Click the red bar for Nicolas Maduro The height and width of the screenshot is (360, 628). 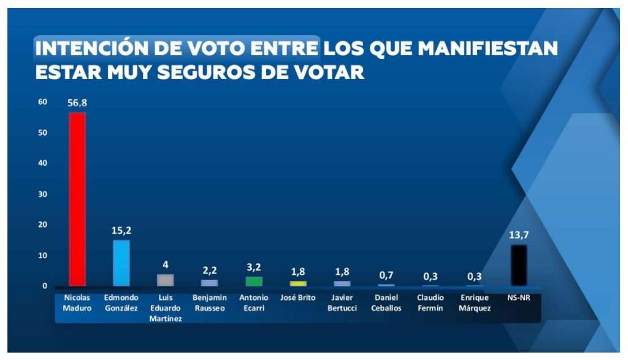(x=77, y=199)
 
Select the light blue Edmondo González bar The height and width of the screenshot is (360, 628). (x=121, y=262)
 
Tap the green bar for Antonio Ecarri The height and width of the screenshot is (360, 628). (x=254, y=281)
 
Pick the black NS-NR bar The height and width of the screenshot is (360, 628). (x=519, y=265)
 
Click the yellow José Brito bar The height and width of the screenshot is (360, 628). (x=298, y=283)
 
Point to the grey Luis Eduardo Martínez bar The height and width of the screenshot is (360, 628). (x=166, y=280)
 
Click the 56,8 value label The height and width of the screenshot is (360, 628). (x=77, y=103)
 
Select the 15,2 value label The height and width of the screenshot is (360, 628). (x=121, y=231)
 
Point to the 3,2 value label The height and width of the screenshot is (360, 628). (x=254, y=267)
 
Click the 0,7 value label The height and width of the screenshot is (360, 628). (x=386, y=275)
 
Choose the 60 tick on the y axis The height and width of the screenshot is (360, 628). (x=42, y=102)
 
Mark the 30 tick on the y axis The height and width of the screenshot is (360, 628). (x=42, y=194)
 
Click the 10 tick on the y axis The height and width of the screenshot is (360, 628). (x=42, y=255)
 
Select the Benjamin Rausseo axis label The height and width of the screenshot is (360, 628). (x=210, y=303)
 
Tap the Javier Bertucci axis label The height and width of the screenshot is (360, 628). (x=342, y=303)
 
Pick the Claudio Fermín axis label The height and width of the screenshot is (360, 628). (x=430, y=303)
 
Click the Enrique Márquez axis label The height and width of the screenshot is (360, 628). (x=474, y=303)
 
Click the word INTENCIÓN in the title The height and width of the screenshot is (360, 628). (x=93, y=48)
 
